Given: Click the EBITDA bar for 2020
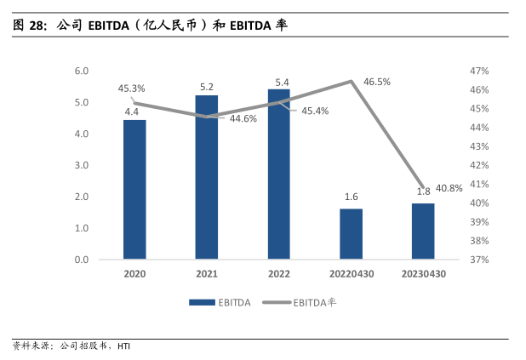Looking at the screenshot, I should pos(134,190).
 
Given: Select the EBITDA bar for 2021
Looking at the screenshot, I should pos(206,177).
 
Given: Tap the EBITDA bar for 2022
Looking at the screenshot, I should pos(278,174).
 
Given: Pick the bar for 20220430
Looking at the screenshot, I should pos(351,234).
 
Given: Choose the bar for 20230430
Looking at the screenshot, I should pos(423,231).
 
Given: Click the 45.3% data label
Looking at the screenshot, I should pos(131,88).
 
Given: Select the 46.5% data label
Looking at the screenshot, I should pos(377,82).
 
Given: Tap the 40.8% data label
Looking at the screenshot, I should pos(449,188).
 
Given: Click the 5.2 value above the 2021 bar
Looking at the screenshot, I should pos(206,87).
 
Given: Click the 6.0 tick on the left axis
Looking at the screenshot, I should pos(82,71).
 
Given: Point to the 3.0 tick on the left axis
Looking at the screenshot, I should pos(82,165).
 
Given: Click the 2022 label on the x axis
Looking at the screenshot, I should pos(278,274).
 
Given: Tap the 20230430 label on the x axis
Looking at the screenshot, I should pos(423,274).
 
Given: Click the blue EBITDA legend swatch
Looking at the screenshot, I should pos(201,301).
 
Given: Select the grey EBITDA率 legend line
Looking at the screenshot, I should pos(276,301).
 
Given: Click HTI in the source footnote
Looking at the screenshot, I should pos(124,346).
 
